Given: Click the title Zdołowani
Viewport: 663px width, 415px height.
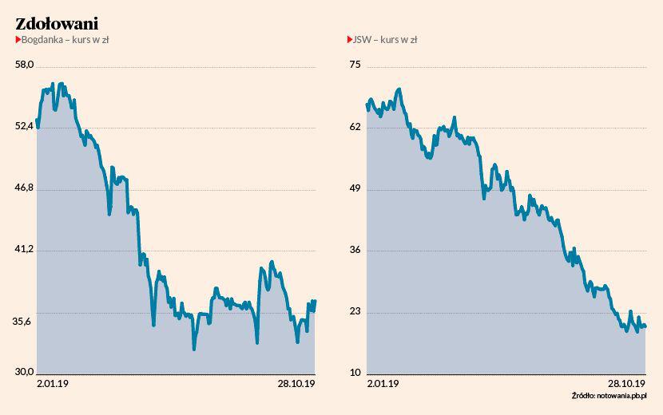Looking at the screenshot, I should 57,23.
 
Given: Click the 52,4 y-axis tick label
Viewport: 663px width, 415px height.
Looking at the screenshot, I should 25,126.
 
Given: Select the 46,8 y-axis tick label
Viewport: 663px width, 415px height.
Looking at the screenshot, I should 25,188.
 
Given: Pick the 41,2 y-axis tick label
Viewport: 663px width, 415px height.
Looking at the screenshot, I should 25,249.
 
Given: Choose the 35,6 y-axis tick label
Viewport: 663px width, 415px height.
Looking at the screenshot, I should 25,321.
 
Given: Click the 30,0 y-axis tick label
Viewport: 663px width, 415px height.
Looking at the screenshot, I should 25,372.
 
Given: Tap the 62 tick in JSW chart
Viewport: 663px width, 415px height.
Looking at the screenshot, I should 356,126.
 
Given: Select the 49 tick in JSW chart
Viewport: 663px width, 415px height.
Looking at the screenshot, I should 356,188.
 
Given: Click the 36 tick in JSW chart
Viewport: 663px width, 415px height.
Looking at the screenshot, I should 356,249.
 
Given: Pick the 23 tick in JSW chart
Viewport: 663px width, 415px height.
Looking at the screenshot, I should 356,310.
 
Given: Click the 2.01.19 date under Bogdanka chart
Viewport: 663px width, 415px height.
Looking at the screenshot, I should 54,384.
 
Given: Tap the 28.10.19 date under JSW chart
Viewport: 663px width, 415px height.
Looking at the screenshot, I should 626,384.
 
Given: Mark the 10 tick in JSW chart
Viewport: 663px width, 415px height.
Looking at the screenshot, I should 356,372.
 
